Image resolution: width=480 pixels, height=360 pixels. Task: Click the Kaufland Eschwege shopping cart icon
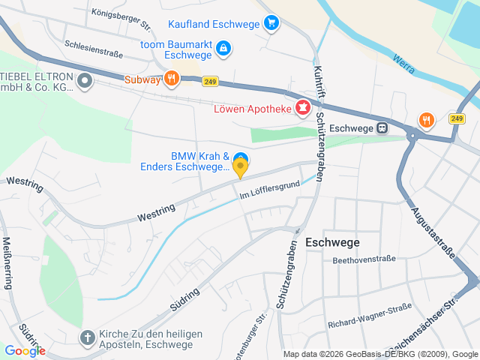(x=271, y=23)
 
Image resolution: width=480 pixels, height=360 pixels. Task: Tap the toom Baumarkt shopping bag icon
(x=223, y=49)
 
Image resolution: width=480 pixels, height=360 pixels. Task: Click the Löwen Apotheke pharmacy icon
(x=303, y=109)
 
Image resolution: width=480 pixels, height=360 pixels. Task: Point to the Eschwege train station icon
(x=382, y=127)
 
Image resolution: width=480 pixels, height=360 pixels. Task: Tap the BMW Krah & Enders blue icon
(x=240, y=157)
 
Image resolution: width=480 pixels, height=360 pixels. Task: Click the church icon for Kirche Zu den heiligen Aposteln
(x=88, y=335)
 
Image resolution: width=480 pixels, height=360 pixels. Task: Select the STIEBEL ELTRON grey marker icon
(x=85, y=79)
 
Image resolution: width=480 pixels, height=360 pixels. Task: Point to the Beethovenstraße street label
(x=364, y=259)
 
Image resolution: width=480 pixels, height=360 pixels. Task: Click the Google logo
(x=25, y=350)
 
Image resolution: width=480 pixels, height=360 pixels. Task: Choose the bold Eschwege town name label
(x=332, y=242)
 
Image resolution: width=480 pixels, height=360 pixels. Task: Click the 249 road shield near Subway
(x=209, y=80)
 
